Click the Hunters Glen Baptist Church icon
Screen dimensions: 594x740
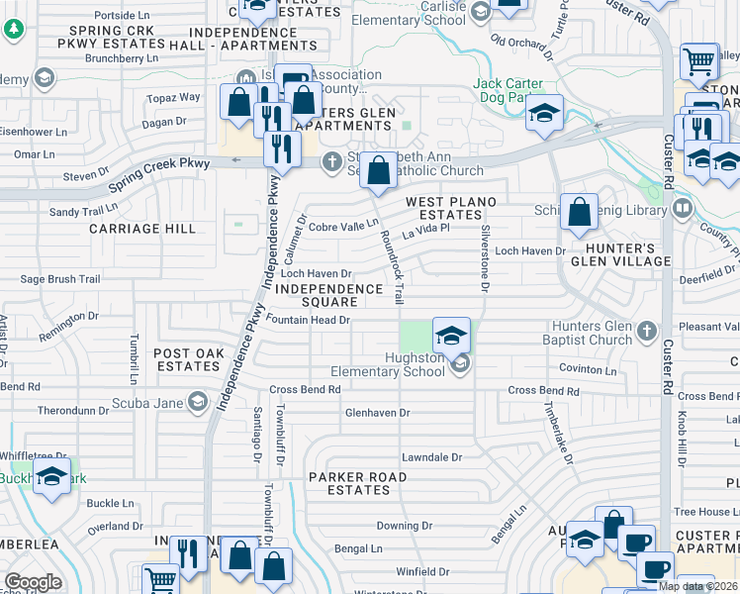pos(647,330)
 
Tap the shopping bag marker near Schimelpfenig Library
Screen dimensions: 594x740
pos(579,211)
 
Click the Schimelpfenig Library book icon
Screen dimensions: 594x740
pos(682,209)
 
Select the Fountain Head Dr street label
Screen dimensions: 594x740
pos(309,321)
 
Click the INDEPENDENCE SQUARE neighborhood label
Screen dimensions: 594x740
pos(329,295)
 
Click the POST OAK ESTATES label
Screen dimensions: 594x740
pos(187,359)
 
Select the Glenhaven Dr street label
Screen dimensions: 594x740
pos(377,413)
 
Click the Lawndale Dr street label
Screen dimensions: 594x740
pos(431,457)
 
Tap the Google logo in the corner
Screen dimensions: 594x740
pos(33,581)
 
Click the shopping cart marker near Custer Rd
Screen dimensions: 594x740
pos(698,61)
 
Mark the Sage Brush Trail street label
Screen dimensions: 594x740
pos(60,280)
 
